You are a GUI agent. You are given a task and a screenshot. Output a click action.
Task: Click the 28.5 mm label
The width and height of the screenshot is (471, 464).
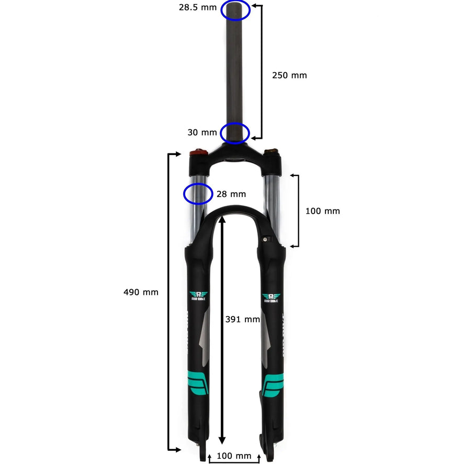pyautogui.click(x=198, y=8)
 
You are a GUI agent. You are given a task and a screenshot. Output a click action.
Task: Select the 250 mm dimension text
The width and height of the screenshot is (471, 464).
pyautogui.click(x=289, y=75)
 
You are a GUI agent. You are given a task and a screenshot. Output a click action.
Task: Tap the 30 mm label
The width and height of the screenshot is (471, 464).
pyautogui.click(x=202, y=133)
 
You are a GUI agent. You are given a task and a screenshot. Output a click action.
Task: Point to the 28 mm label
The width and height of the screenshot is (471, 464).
pyautogui.click(x=231, y=194)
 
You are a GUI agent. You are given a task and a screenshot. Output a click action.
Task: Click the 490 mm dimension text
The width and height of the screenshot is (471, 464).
pyautogui.click(x=141, y=292)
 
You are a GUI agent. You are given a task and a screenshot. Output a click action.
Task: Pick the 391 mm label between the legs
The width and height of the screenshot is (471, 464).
pyautogui.click(x=242, y=319)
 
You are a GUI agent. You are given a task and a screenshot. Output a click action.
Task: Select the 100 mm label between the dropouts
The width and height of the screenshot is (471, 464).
pyautogui.click(x=234, y=456)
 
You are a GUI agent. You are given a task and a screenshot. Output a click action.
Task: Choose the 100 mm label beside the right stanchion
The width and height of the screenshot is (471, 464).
pyautogui.click(x=322, y=211)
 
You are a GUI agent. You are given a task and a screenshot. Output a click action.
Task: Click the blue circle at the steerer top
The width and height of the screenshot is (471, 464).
pyautogui.click(x=236, y=10)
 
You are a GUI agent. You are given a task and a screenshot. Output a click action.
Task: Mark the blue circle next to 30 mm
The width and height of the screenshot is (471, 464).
pyautogui.click(x=235, y=133)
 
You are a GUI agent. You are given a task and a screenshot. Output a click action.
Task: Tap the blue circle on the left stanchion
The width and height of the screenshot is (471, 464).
pyautogui.click(x=198, y=194)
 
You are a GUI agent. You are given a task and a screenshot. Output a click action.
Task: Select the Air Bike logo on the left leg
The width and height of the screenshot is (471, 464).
pyautogui.click(x=198, y=296)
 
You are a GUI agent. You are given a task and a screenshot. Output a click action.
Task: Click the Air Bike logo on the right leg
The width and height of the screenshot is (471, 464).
pyautogui.click(x=271, y=298)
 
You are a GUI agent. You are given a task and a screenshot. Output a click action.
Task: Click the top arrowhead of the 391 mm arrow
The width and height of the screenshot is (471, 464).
pyautogui.click(x=223, y=221)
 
